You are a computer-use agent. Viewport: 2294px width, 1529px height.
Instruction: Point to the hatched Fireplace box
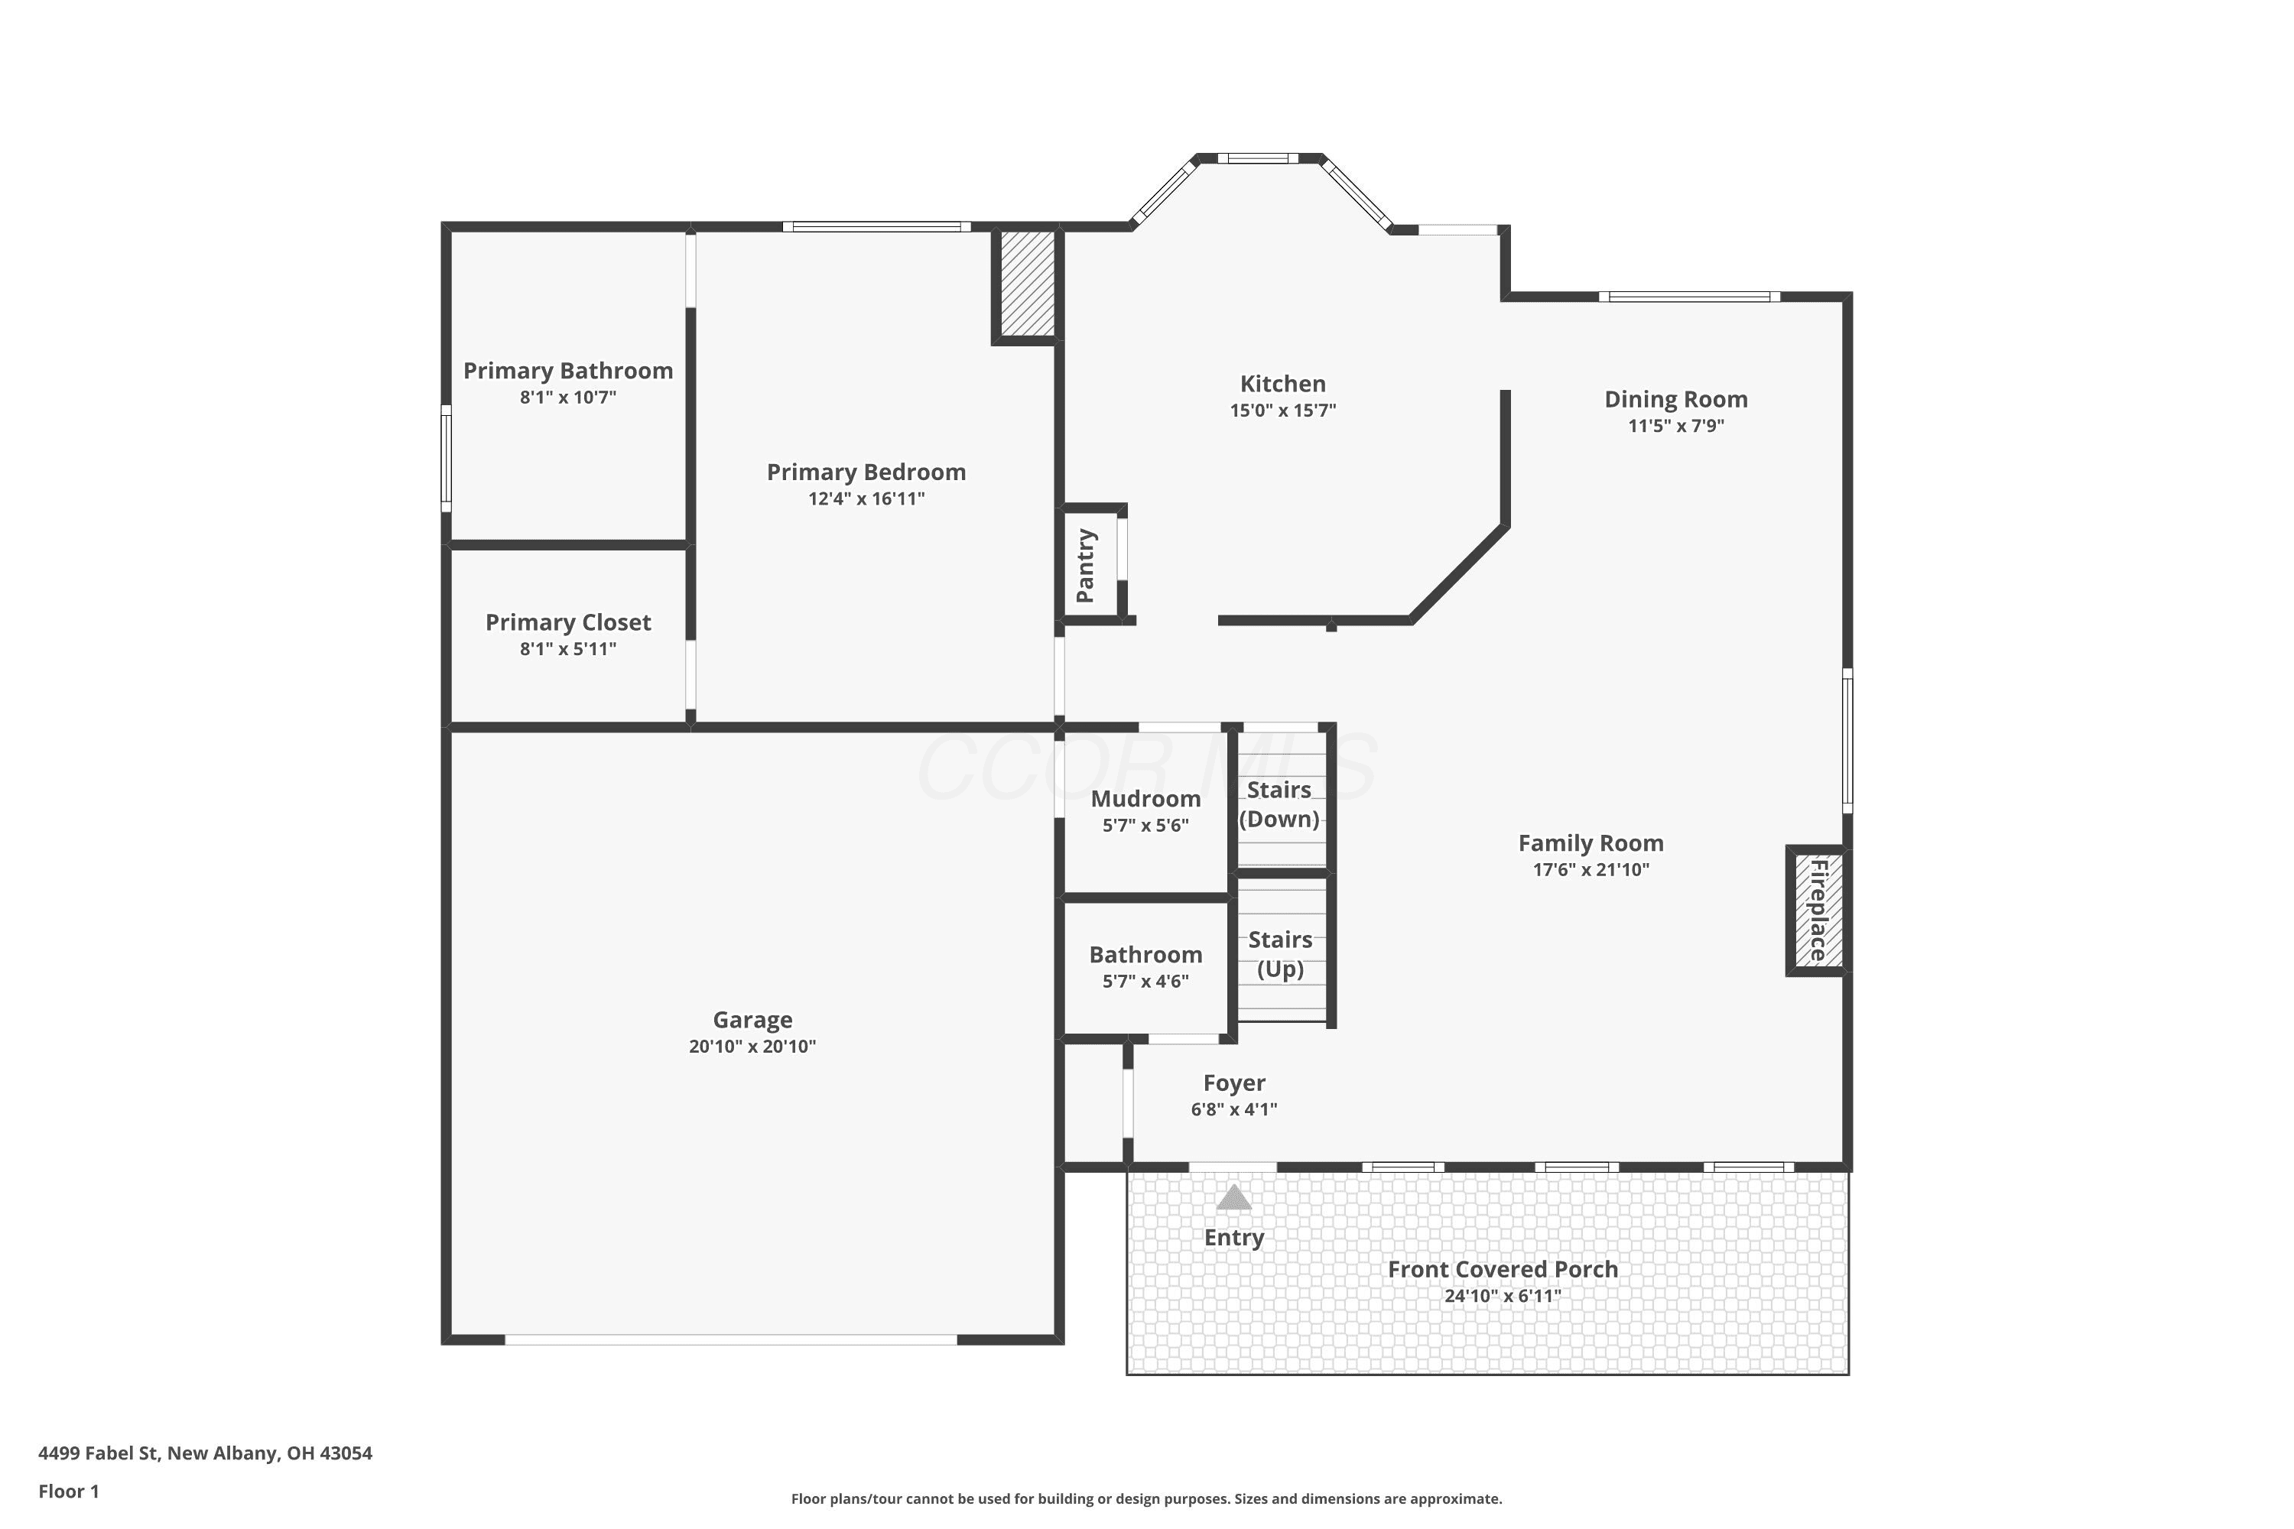click(1817, 911)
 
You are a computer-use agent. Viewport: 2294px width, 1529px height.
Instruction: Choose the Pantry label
click(1086, 566)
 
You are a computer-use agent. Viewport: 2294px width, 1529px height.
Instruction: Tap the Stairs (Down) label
click(1279, 804)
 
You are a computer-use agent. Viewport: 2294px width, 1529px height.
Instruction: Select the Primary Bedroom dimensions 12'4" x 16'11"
click(866, 499)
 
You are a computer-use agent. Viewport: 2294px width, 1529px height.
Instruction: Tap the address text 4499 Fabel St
click(98, 1453)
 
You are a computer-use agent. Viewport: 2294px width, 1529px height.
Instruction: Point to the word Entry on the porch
click(1234, 1238)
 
